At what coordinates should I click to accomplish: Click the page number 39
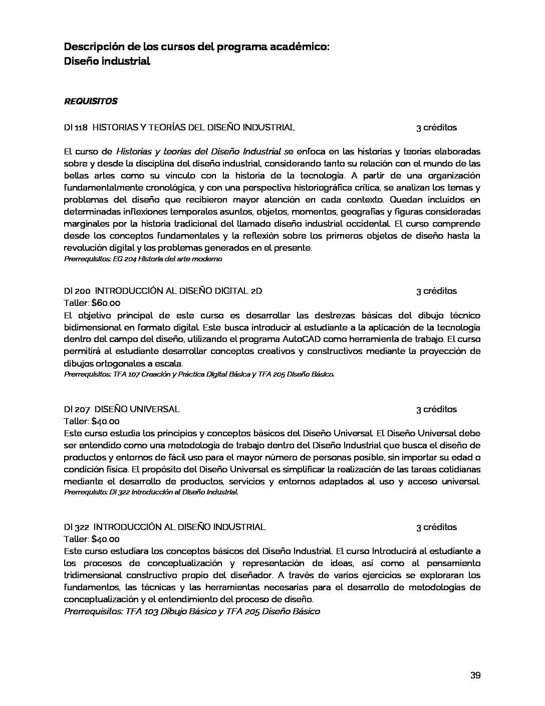[x=475, y=675]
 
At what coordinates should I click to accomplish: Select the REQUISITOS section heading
[x=91, y=101]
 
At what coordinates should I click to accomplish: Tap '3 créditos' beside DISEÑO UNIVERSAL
[x=436, y=409]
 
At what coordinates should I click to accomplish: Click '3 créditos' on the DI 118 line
[x=436, y=127]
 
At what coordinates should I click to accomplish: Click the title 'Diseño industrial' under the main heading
[x=107, y=62]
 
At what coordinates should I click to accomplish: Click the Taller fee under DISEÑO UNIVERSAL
[x=105, y=421]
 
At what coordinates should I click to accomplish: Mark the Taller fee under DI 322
[x=105, y=539]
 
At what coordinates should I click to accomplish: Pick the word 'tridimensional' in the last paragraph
[x=93, y=575]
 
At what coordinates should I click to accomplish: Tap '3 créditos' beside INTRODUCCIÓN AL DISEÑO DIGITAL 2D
[x=436, y=291]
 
